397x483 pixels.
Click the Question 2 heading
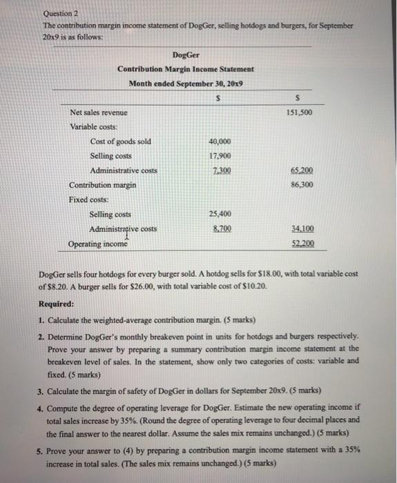[x=61, y=13]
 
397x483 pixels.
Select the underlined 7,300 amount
[x=220, y=170]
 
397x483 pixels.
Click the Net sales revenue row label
[x=99, y=112]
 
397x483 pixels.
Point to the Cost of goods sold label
[x=120, y=141]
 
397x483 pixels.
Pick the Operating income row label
[x=97, y=244]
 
